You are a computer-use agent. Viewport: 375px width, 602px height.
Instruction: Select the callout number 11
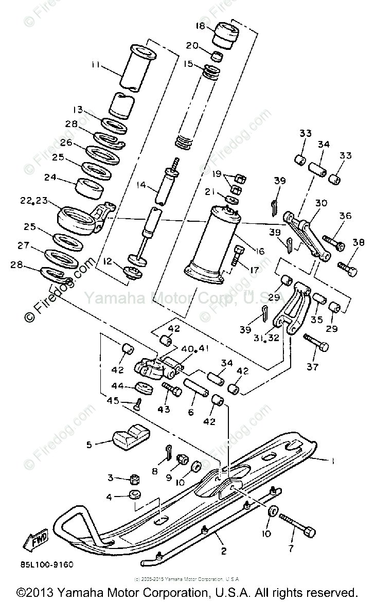click(95, 66)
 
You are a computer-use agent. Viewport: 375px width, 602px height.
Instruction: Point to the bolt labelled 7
click(297, 524)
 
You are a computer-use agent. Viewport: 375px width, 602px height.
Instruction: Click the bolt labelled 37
click(315, 343)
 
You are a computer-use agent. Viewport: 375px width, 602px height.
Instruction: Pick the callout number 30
click(321, 204)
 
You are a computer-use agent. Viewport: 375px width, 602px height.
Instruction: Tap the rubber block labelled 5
click(131, 436)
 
